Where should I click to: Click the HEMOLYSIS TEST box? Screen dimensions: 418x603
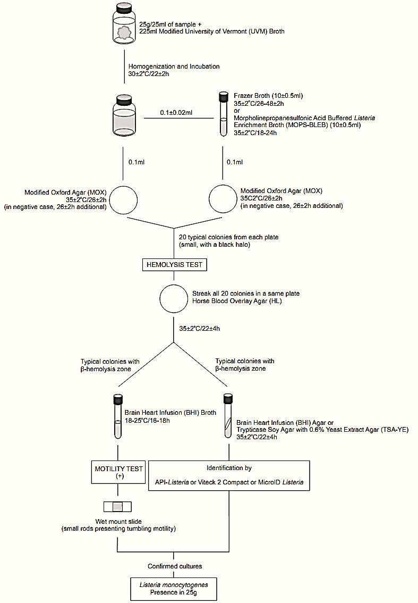click(x=174, y=265)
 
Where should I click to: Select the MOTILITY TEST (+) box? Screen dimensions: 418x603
click(x=119, y=472)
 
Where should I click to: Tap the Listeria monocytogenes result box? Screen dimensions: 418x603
click(x=174, y=589)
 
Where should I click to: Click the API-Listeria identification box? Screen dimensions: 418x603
click(x=229, y=476)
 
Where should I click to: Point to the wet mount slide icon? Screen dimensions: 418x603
click(x=117, y=507)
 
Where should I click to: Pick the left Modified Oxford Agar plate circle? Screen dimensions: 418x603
click(x=123, y=199)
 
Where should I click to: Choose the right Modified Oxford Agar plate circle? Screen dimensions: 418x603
click(x=223, y=198)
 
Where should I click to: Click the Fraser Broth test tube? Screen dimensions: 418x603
click(x=223, y=114)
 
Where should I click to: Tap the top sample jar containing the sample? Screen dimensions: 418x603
click(x=124, y=26)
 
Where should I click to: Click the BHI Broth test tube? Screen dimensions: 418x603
click(x=118, y=416)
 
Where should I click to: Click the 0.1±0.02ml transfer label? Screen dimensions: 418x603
click(x=176, y=113)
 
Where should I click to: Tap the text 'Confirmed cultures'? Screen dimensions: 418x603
click(x=175, y=566)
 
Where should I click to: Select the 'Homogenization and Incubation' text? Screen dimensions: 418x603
click(x=174, y=66)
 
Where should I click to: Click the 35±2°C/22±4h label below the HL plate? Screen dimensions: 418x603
click(x=199, y=329)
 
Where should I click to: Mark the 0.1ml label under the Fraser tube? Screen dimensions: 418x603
click(x=235, y=162)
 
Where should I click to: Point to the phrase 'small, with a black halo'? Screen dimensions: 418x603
click(x=215, y=245)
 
